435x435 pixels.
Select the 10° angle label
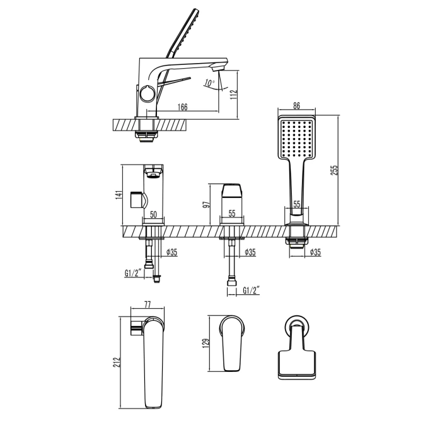(x=209, y=83)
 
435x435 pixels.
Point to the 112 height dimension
(x=233, y=95)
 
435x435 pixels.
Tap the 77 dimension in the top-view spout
(x=148, y=304)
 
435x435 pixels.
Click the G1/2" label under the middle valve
(x=251, y=291)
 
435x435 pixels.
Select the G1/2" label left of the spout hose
(x=133, y=273)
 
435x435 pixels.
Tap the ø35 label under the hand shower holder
(x=315, y=252)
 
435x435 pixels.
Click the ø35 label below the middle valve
(x=250, y=252)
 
